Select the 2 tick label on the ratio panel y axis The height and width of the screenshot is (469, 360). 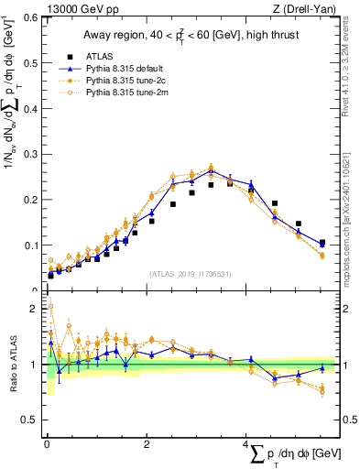click(x=34, y=309)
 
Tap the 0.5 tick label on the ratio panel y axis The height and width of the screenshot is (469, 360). click(x=29, y=420)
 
